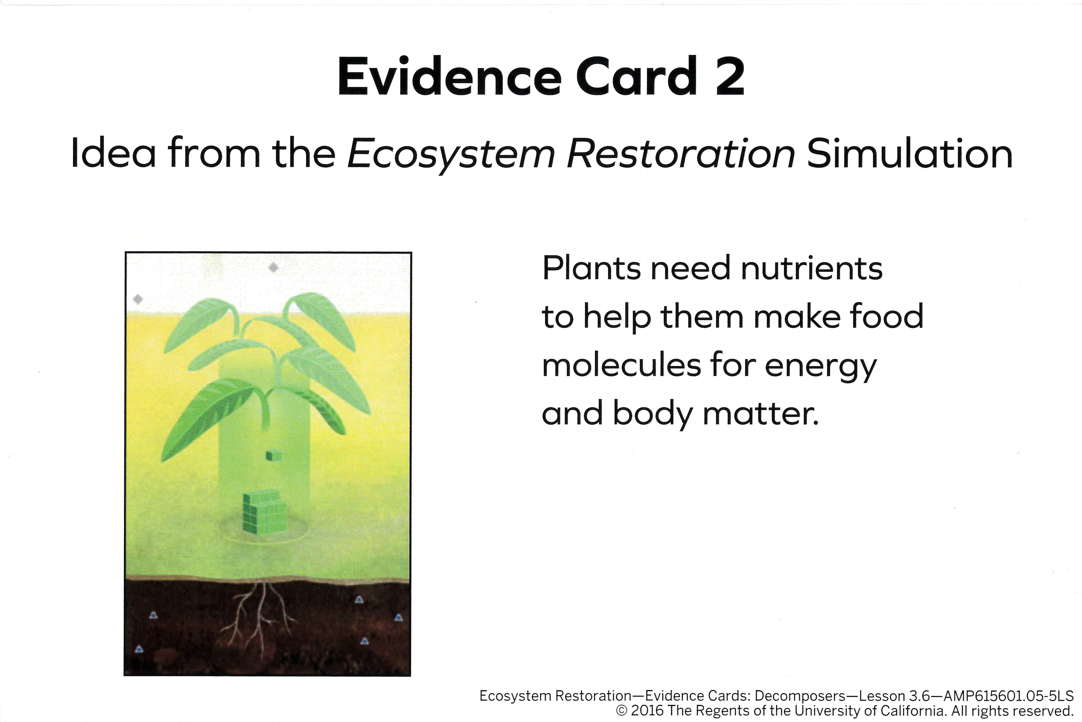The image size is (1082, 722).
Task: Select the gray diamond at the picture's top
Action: tap(273, 267)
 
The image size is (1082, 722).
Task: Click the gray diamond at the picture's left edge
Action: tap(138, 299)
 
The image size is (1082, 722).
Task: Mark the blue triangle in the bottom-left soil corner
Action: tap(139, 649)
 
